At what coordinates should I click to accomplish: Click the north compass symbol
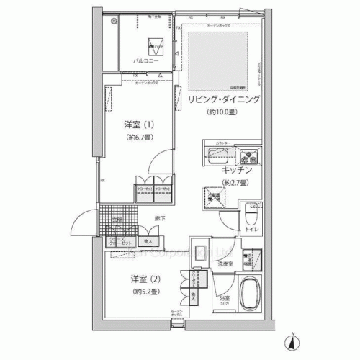click(x=294, y=340)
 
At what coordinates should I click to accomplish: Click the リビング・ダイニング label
click(x=223, y=99)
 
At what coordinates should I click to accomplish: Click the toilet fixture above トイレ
click(x=253, y=213)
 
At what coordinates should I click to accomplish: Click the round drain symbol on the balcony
click(x=114, y=22)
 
